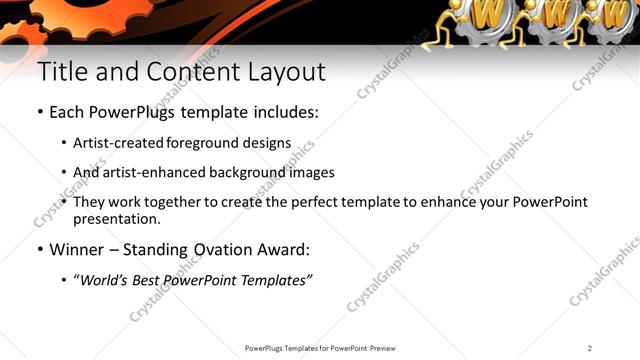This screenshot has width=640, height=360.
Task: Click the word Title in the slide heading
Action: point(59,72)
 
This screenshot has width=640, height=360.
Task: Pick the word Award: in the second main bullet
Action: point(287,249)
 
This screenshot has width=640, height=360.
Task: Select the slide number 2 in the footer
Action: point(590,348)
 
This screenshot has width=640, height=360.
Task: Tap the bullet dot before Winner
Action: point(40,249)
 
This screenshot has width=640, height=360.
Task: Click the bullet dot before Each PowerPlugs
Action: point(40,113)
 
